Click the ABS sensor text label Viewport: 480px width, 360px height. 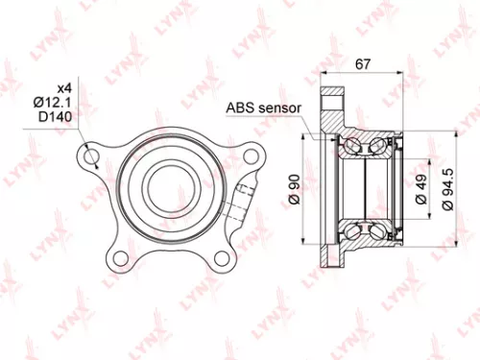(x=263, y=107)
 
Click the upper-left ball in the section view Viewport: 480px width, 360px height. (x=352, y=146)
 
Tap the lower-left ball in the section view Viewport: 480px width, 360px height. (x=352, y=230)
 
